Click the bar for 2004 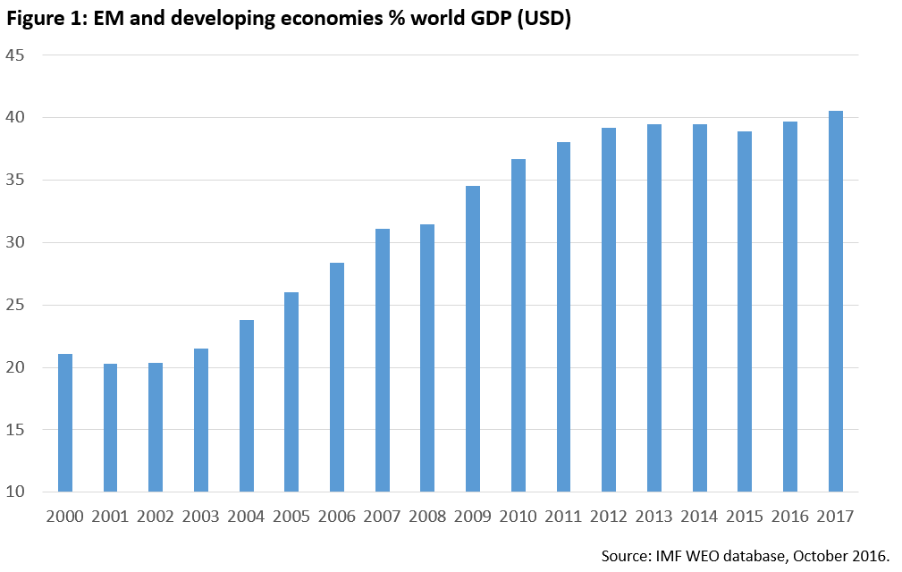tap(247, 406)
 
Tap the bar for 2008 tap(427, 357)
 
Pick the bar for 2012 tap(609, 309)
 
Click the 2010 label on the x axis tap(518, 517)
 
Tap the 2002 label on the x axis tap(156, 517)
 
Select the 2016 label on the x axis tap(789, 517)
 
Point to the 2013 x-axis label tap(653, 517)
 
